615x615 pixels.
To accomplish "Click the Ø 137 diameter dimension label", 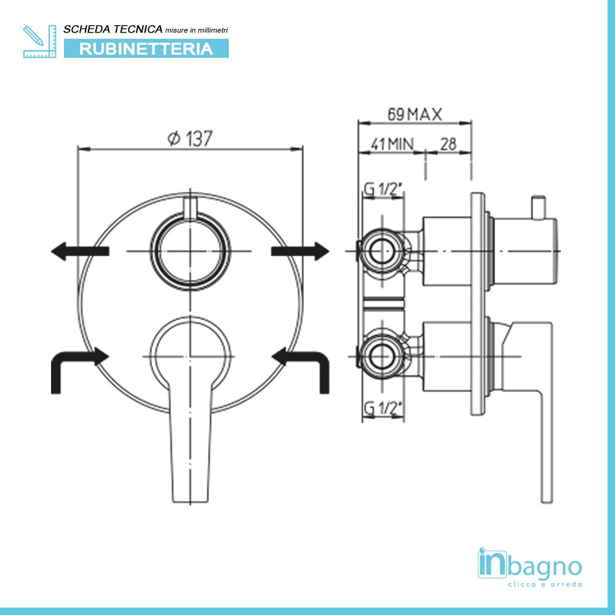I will click(190, 139).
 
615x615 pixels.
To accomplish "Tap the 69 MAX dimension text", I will click(415, 114).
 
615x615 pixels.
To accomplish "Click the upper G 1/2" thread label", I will click(383, 190).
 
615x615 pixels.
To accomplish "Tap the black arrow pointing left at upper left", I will click(79, 251).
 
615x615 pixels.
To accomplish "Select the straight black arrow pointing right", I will click(301, 250).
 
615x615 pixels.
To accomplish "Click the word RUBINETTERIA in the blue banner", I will click(146, 49).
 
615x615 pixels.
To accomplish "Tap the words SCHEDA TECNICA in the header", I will click(113, 29).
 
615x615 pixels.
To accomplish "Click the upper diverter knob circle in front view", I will click(191, 251).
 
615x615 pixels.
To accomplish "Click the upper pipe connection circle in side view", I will click(383, 251).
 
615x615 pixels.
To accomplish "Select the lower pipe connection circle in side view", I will click(383, 356).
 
